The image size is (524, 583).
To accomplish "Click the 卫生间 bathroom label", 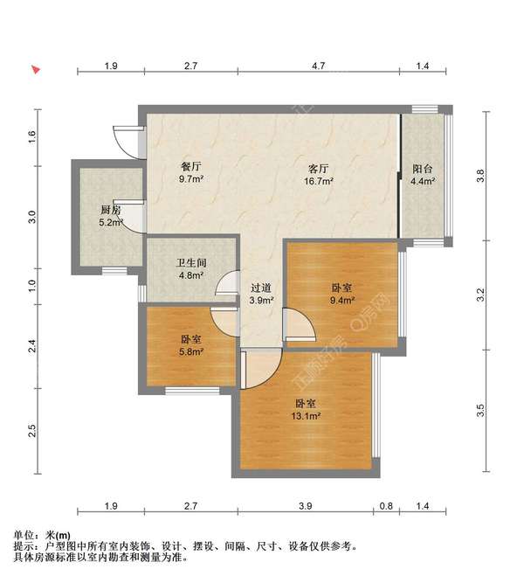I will [191, 260].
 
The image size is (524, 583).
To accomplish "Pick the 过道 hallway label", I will [261, 288].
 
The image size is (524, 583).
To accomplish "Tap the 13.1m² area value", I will [305, 417].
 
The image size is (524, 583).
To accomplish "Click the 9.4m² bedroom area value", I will [342, 301].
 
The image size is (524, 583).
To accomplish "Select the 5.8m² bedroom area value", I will [192, 352].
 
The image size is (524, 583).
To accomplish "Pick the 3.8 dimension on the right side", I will [479, 176].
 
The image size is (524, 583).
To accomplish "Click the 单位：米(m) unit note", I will [41, 535].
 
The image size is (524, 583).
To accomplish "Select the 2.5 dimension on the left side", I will [32, 430].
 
